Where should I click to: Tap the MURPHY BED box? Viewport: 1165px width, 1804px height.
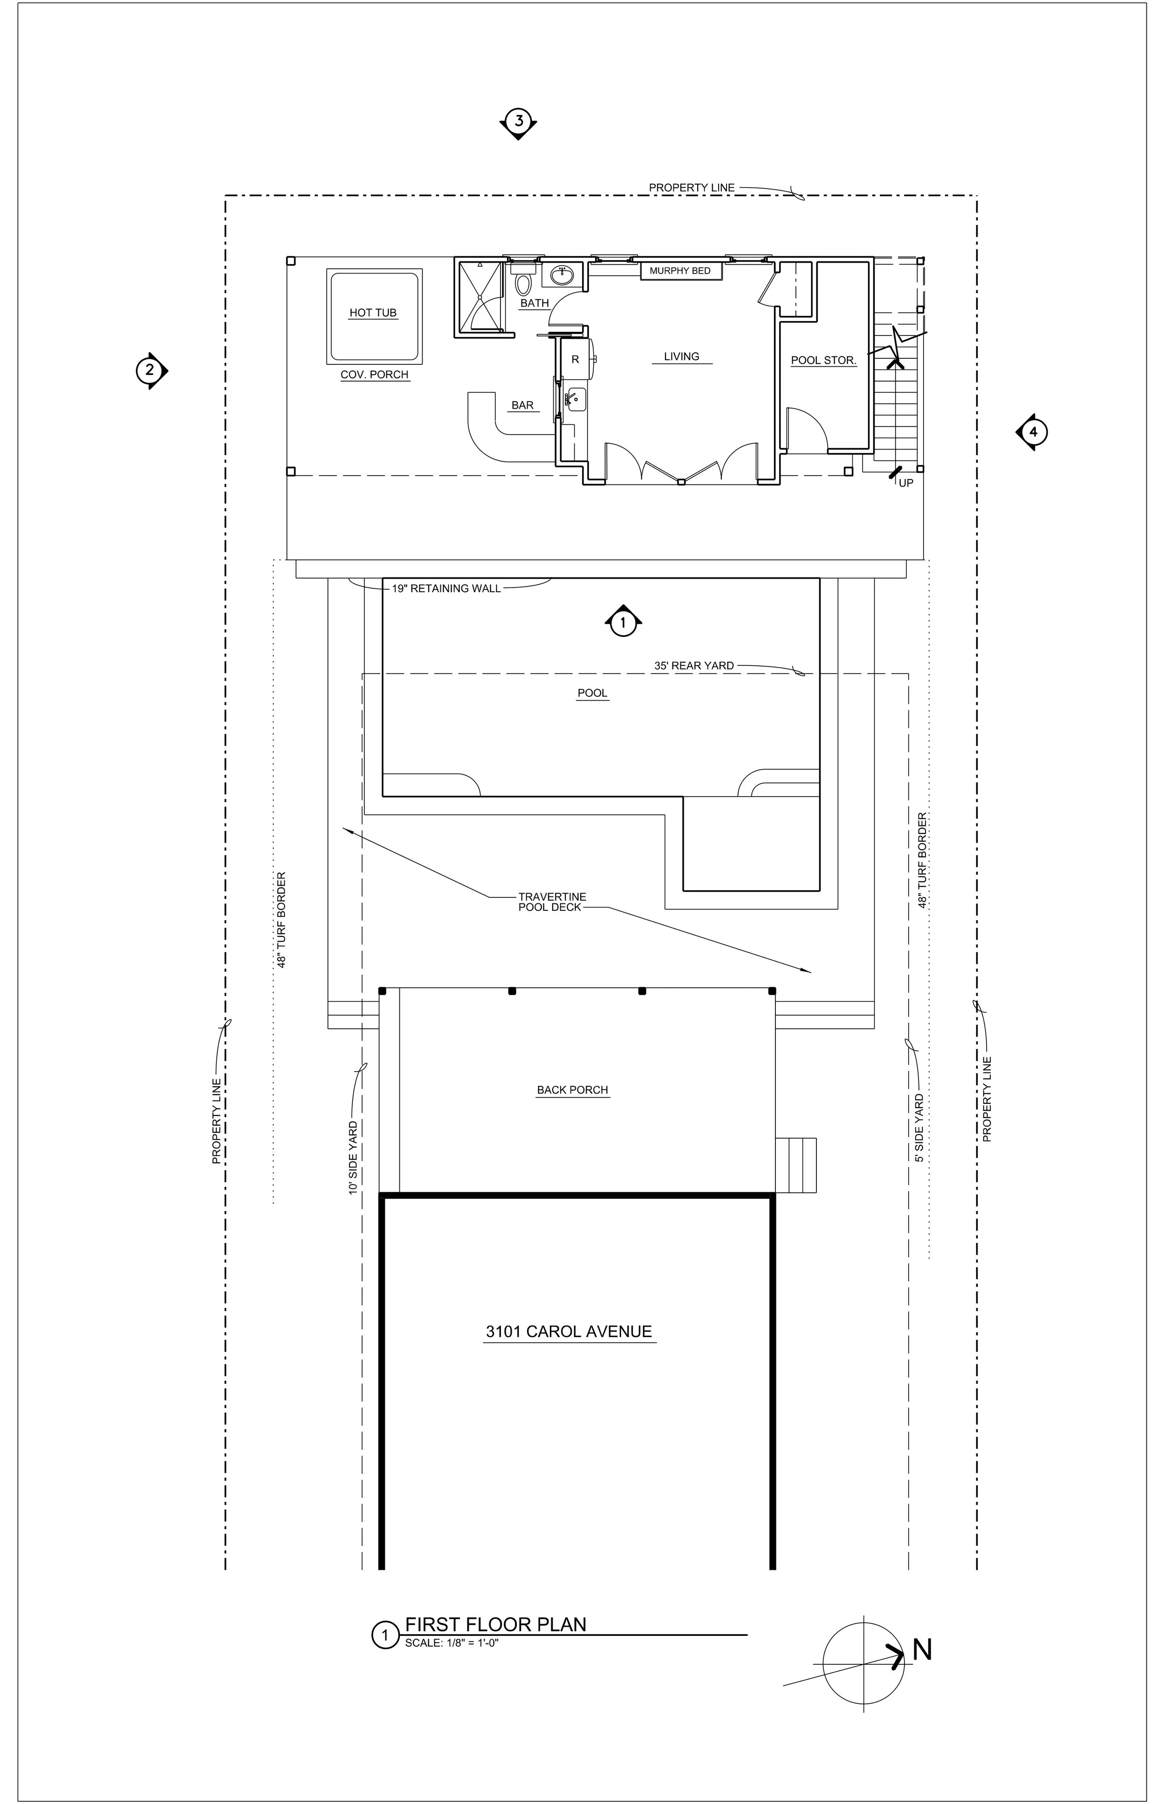pyautogui.click(x=680, y=271)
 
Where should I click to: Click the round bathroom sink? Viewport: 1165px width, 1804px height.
pyautogui.click(x=562, y=276)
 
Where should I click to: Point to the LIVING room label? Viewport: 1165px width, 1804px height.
pyautogui.click(x=682, y=356)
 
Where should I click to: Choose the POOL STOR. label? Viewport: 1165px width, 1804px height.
pyautogui.click(x=824, y=361)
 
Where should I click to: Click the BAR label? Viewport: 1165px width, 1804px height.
pyautogui.click(x=523, y=405)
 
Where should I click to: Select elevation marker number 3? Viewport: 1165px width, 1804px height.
pyautogui.click(x=518, y=121)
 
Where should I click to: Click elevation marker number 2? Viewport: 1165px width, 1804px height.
pyautogui.click(x=151, y=371)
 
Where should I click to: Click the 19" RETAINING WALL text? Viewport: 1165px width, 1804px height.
pyautogui.click(x=446, y=588)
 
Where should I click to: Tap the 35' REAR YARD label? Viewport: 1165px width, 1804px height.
pyautogui.click(x=694, y=666)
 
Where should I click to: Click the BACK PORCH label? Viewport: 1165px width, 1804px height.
pyautogui.click(x=573, y=1090)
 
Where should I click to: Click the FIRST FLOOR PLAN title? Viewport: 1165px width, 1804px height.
pyautogui.click(x=495, y=1624)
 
